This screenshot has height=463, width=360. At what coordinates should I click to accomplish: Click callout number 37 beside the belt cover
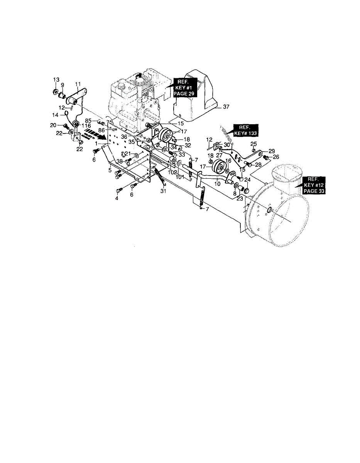point(226,108)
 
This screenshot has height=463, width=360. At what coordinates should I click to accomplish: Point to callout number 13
point(56,79)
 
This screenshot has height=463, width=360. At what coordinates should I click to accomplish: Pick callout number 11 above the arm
point(78,84)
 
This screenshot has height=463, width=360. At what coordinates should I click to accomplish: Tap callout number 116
point(86,126)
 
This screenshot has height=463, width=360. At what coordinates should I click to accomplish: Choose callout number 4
point(117,199)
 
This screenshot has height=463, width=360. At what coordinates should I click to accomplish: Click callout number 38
point(119,161)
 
